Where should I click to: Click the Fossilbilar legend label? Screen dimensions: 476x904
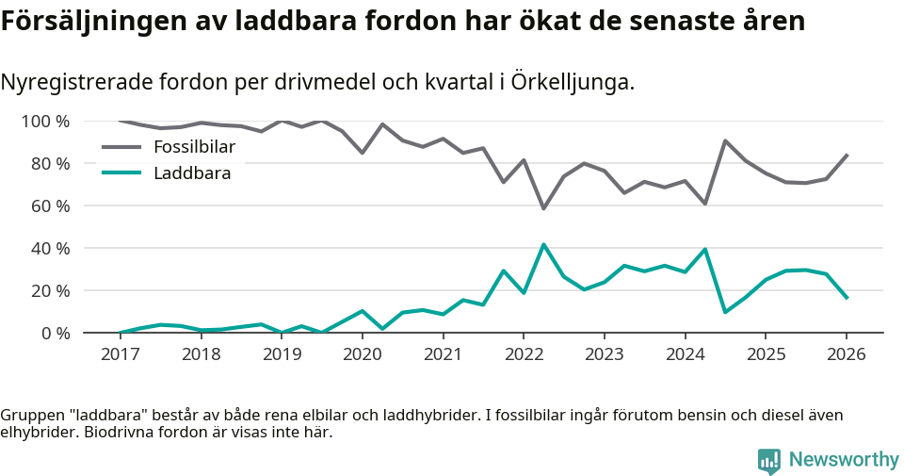[x=194, y=147]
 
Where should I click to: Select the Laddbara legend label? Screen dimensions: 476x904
[x=192, y=172]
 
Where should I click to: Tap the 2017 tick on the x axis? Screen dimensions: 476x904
[x=120, y=354]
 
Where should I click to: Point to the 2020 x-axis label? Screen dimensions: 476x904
[x=362, y=354]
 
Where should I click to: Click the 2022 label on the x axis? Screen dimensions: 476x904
[x=524, y=354]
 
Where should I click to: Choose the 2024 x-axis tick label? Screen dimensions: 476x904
[x=685, y=354]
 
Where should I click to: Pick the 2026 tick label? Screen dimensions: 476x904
[x=846, y=354]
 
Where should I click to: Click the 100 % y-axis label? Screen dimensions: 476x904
[x=45, y=122]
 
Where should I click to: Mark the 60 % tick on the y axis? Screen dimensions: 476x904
[x=50, y=206]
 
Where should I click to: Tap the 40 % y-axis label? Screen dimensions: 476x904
[x=50, y=249]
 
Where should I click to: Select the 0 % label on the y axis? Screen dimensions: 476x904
[x=55, y=334]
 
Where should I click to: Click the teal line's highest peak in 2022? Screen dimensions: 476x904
[x=543, y=244]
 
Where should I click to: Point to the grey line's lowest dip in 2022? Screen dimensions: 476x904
[x=543, y=208]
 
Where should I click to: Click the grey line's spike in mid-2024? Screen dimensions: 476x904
[x=725, y=140]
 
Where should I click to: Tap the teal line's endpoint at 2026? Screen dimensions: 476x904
[x=847, y=298]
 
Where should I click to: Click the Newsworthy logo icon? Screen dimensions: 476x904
[x=769, y=460]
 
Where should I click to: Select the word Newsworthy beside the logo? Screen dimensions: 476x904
[x=844, y=460]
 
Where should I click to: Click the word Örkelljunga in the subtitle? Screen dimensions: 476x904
[x=572, y=83]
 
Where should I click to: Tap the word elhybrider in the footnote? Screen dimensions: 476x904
[x=39, y=434]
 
